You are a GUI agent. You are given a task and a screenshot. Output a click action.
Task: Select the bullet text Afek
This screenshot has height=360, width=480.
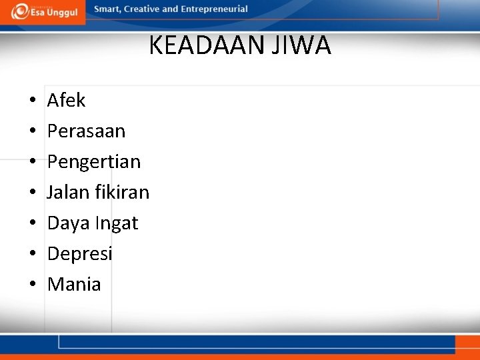pyautogui.click(x=66, y=100)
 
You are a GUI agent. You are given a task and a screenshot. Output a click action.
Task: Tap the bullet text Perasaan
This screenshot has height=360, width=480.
pyautogui.click(x=86, y=131)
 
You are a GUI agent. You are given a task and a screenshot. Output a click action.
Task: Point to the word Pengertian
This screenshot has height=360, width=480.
pyautogui.click(x=94, y=162)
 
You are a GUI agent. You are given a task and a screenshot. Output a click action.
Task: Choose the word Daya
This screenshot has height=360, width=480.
pyautogui.click(x=69, y=223)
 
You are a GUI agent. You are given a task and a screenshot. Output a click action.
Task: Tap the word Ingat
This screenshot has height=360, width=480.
pyautogui.click(x=117, y=223)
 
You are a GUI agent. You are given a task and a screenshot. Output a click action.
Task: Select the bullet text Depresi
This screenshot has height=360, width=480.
pyautogui.click(x=80, y=253)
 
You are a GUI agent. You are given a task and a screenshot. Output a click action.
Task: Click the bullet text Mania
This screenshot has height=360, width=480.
pyautogui.click(x=74, y=284)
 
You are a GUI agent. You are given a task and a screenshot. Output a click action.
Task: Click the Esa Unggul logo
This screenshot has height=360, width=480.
pyautogui.click(x=44, y=11)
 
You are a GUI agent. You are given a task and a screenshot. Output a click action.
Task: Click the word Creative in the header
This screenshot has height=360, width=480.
pyautogui.click(x=143, y=9)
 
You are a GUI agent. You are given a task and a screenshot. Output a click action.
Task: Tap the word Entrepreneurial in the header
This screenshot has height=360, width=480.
pyautogui.click(x=214, y=9)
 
